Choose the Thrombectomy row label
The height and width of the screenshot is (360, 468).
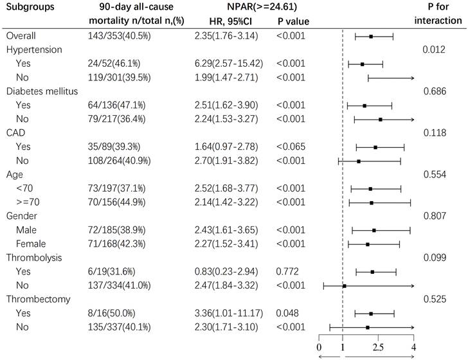(x=38, y=299)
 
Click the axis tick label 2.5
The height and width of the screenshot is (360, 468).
(x=379, y=347)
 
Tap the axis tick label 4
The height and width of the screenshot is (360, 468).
(x=413, y=347)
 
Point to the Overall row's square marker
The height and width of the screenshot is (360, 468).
(x=371, y=37)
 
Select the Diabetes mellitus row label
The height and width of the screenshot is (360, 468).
(x=42, y=91)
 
